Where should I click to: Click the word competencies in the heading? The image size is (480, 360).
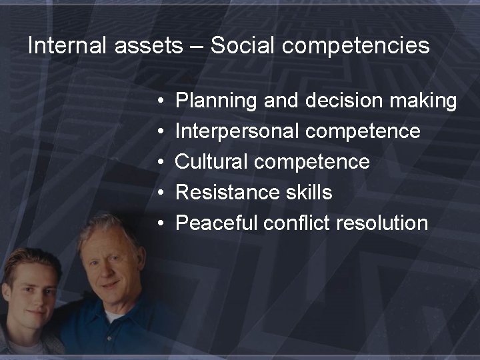tap(354, 47)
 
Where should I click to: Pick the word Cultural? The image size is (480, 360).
tap(212, 161)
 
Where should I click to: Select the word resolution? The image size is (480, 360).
tap(382, 223)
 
